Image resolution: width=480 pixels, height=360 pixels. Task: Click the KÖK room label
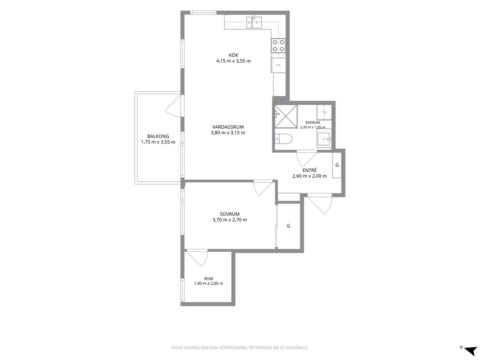click(233, 56)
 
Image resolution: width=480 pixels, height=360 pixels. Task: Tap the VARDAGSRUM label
click(228, 127)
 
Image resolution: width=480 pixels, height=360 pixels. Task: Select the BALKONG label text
click(158, 136)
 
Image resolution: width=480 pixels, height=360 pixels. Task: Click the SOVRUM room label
click(229, 214)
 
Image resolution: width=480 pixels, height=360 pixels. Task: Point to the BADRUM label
click(313, 122)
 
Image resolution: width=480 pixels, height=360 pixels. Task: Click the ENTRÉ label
click(310, 170)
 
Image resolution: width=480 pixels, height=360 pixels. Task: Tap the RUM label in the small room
click(209, 279)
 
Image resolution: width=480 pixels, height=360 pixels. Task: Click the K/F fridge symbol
click(278, 65)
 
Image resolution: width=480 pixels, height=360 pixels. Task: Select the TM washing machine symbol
click(324, 112)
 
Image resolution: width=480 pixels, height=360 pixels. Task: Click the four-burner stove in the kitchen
click(278, 46)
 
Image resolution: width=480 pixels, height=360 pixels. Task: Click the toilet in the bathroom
click(284, 139)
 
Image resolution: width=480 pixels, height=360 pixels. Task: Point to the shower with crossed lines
click(286, 116)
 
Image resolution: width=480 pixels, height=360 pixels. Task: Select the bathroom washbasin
click(324, 139)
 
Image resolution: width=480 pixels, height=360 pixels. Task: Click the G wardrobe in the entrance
click(337, 165)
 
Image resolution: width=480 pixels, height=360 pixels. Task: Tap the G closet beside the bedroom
click(288, 226)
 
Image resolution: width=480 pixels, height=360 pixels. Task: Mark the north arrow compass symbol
click(470, 350)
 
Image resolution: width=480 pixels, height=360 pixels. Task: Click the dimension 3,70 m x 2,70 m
click(229, 220)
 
